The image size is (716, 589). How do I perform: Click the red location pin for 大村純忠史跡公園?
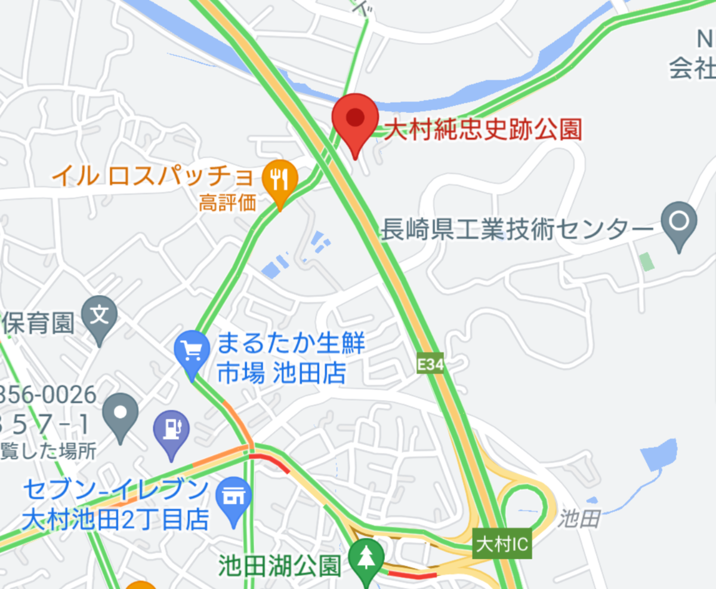pyautogui.click(x=355, y=119)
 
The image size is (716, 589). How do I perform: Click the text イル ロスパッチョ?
pyautogui.click(x=153, y=176)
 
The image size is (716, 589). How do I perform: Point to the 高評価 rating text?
pyautogui.click(x=227, y=203)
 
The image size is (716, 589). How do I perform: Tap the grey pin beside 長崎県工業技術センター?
pyautogui.click(x=680, y=222)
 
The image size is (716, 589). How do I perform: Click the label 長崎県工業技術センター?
pyautogui.click(x=515, y=229)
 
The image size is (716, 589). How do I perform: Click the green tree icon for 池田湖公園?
pyautogui.click(x=366, y=557)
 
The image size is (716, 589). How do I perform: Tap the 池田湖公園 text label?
pyautogui.click(x=279, y=565)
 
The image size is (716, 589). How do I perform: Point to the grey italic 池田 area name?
pyautogui.click(x=579, y=519)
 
